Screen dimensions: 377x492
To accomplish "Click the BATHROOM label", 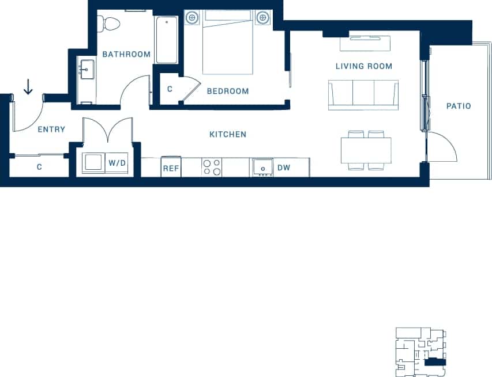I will tap(126, 55).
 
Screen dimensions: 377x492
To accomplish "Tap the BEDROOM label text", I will tap(228, 91).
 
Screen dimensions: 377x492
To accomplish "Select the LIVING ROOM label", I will tap(363, 66).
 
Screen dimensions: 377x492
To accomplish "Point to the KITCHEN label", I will tap(228, 135).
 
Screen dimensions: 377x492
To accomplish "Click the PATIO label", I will tap(459, 106).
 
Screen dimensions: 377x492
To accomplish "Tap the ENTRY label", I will tap(51, 130).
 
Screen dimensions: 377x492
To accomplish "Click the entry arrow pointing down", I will tap(28, 87).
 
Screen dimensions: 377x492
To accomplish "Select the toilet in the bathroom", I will tap(110, 24).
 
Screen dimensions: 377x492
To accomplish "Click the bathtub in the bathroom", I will tap(167, 40).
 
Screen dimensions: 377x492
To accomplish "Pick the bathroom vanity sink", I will tap(87, 70).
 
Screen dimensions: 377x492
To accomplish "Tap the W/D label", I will tap(118, 163).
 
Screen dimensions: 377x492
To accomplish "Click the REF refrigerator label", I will tap(171, 169).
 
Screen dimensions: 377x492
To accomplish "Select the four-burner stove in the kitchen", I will tap(212, 167).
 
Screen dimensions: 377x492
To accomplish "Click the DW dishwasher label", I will tap(283, 168).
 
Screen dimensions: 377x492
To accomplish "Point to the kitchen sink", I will tap(262, 167).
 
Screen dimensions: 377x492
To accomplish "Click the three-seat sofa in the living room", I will tap(363, 94).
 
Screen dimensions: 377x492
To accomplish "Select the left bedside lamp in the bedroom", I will tap(191, 18).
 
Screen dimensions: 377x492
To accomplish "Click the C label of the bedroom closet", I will tap(170, 89).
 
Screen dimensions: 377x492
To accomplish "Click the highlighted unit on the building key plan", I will tap(434, 363).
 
